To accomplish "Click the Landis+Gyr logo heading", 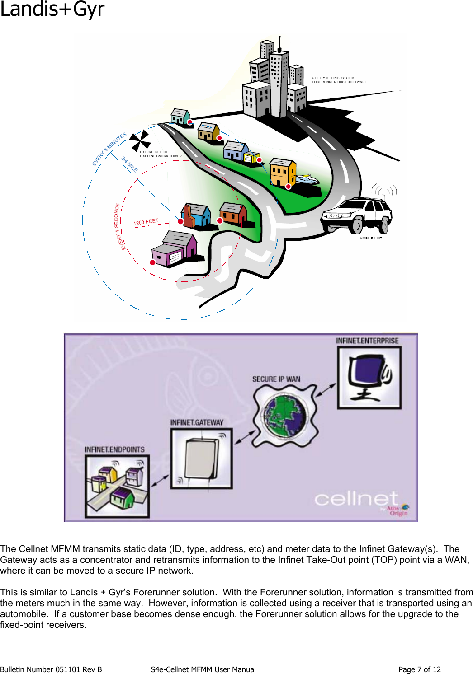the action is coord(52,9).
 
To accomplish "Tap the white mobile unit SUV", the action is coord(357,215).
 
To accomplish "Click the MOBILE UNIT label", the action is coord(371,238).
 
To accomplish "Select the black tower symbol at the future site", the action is coord(140,141).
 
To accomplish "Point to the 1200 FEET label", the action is coord(146,222).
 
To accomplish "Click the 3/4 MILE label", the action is coord(129,164).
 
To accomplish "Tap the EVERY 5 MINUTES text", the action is coord(109,149).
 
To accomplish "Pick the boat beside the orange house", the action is coord(307,179).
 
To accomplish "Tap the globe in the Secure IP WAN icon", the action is coord(285,416).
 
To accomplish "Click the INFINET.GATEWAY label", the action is coord(197,422).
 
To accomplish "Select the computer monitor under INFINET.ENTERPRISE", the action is coord(369,378).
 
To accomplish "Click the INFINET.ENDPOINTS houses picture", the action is coord(117,486).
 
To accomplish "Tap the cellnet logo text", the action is coord(356,499).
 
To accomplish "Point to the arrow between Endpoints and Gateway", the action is coord(160,480).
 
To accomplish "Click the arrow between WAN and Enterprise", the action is coord(326,390).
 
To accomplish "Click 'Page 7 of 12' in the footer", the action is coord(419,669).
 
